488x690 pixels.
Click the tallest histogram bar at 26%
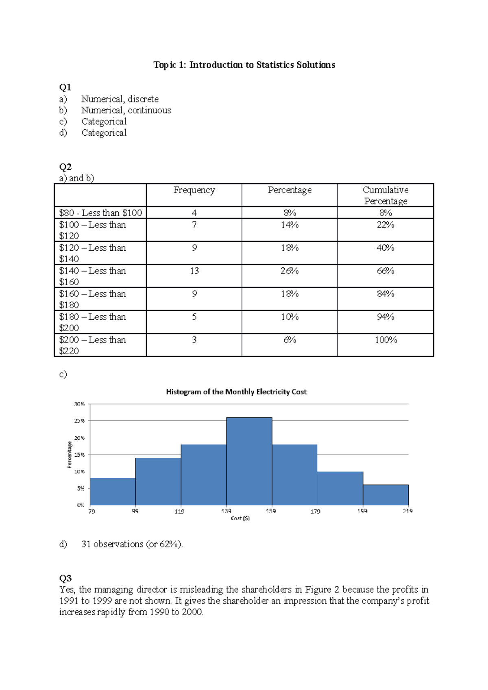[249, 461]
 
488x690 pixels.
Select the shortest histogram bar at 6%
[386, 495]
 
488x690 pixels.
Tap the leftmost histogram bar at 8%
[113, 492]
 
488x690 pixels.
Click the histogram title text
[236, 392]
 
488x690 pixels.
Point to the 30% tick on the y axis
[79, 404]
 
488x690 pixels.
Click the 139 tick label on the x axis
[226, 511]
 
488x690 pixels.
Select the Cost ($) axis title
[240, 519]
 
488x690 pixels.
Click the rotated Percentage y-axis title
[69, 455]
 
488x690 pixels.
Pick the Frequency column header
[194, 190]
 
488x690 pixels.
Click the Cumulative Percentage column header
[386, 195]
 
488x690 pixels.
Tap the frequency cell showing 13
[194, 271]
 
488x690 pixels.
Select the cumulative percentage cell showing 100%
[386, 340]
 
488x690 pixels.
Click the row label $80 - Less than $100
[100, 213]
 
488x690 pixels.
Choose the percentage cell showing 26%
[290, 271]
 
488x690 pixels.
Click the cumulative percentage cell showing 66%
[386, 271]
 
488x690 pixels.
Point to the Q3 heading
[65, 578]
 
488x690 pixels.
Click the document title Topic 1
[244, 65]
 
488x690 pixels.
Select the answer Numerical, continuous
[126, 111]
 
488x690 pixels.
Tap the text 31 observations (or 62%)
[132, 544]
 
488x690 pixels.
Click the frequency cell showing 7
[194, 225]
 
